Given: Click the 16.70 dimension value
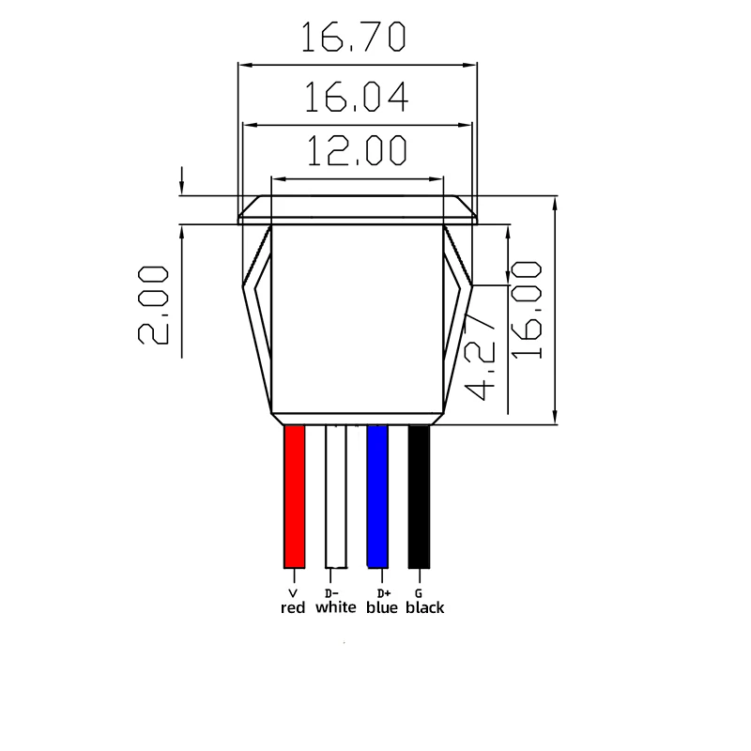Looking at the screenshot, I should click(x=355, y=38).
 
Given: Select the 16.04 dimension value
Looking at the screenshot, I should click(x=355, y=97).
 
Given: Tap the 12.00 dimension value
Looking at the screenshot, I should click(x=355, y=151).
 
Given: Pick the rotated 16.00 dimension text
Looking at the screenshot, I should click(x=528, y=310).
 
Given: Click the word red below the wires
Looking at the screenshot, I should click(x=294, y=608).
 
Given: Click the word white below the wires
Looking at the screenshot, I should click(x=335, y=608).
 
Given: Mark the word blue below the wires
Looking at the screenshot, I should click(x=382, y=608).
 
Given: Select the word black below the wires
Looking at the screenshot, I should click(x=425, y=608).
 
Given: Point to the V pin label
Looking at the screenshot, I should click(x=293, y=593).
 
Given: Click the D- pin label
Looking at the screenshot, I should click(x=330, y=593).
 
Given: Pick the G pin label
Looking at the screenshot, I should click(x=418, y=593).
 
